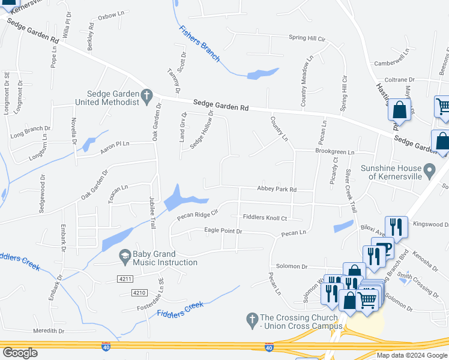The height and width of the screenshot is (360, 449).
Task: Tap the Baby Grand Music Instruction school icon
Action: click(x=125, y=255)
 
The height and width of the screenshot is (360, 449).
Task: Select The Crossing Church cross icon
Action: click(x=253, y=318)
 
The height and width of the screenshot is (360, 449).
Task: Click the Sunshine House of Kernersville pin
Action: click(x=429, y=172)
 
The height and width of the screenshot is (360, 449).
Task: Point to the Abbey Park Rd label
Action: click(x=277, y=189)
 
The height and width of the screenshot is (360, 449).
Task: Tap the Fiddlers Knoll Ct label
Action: click(x=264, y=218)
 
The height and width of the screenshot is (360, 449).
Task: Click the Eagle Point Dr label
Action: click(x=223, y=231)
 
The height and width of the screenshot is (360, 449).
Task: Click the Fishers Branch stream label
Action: click(x=199, y=43)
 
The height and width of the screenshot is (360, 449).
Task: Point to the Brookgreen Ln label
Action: click(x=335, y=152)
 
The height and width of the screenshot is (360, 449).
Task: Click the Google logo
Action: click(x=20, y=353)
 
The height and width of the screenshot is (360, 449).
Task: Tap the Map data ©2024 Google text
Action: click(x=411, y=355)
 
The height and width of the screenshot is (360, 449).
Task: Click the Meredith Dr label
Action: click(x=49, y=331)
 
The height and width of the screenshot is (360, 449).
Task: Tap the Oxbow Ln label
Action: click(x=110, y=16)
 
